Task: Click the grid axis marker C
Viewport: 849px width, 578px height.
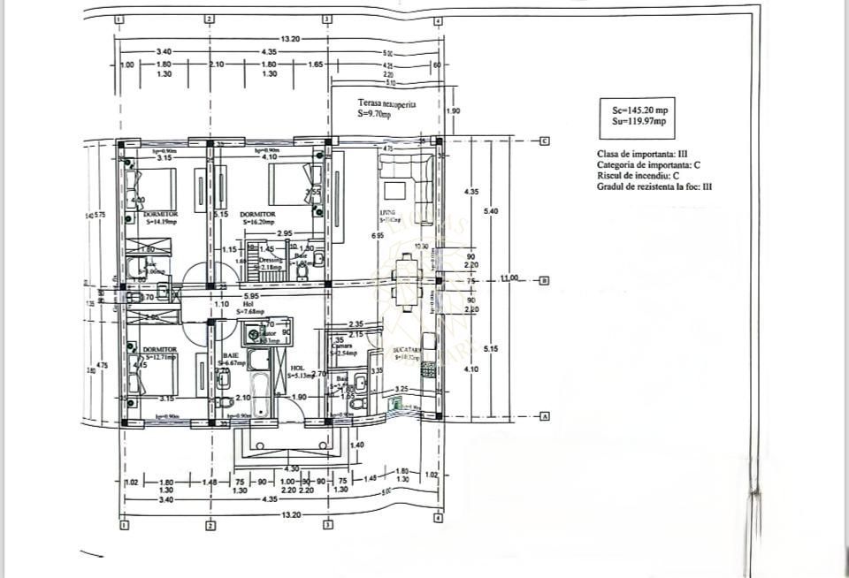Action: (546, 141)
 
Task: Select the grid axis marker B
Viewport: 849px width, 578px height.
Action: (546, 280)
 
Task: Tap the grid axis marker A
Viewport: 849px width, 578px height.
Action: (546, 416)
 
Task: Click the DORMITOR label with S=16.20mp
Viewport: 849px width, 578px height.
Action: (257, 217)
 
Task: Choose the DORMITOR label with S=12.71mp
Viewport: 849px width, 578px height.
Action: (159, 353)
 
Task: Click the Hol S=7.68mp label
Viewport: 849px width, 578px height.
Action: (248, 308)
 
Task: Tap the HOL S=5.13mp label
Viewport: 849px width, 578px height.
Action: (299, 371)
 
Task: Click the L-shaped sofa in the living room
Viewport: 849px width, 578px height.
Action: (405, 177)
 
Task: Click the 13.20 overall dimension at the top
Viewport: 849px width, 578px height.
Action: (291, 39)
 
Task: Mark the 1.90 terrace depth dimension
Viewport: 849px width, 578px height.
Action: (454, 111)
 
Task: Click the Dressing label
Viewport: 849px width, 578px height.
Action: (271, 260)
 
